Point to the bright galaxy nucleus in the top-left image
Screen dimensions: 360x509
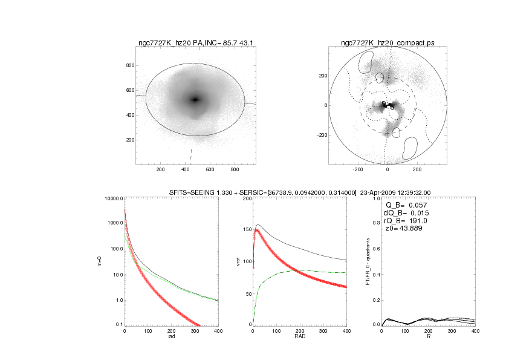click(195, 100)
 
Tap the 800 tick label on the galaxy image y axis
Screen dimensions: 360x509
click(129, 65)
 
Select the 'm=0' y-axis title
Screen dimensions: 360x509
click(100, 261)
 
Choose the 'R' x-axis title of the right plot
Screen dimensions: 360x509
click(429, 337)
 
